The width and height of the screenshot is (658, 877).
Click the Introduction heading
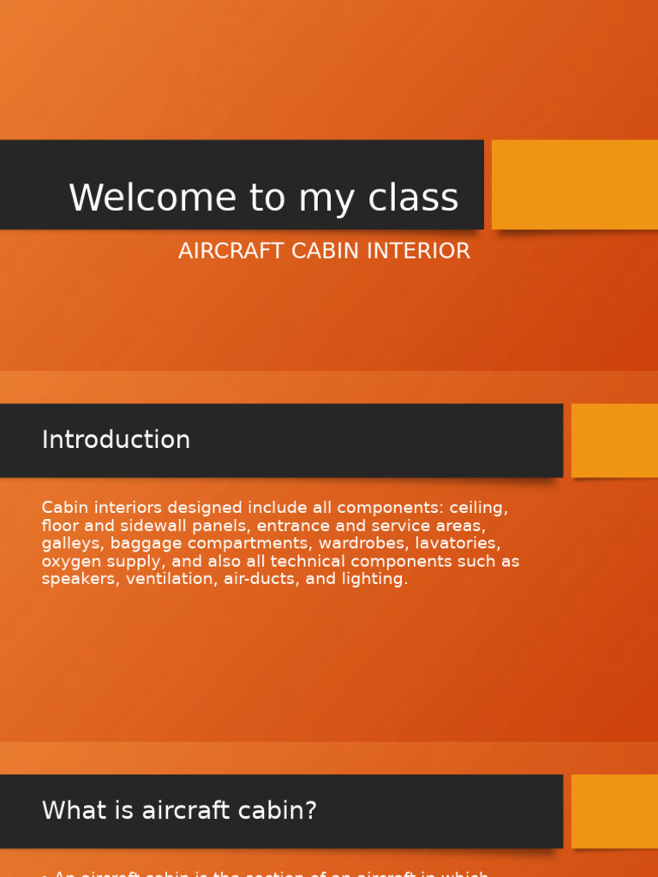pos(116,439)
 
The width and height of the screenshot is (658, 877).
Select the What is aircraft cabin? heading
pos(179,810)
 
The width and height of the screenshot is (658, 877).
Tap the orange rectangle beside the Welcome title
pos(574,184)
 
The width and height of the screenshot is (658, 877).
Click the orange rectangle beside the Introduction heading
pos(614,440)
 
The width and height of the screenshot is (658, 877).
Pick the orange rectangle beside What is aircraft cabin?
pos(614,811)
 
